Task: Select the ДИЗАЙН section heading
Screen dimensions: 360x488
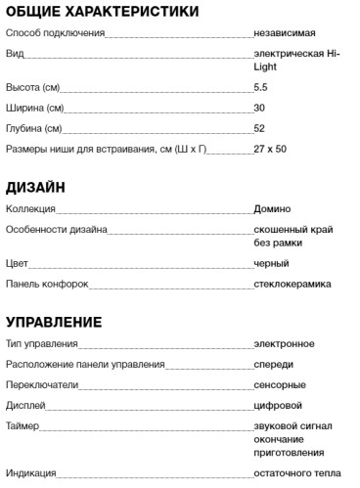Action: (x=36, y=187)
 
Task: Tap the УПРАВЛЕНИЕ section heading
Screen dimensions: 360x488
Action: (x=54, y=321)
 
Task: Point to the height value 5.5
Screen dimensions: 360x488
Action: (x=259, y=88)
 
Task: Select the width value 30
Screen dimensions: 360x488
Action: (x=258, y=108)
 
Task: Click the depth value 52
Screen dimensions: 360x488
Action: (x=258, y=128)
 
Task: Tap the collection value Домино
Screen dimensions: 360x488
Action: (x=272, y=209)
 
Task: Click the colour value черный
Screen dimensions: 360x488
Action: (x=270, y=264)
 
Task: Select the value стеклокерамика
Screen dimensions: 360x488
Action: (x=292, y=284)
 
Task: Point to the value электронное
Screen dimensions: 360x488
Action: (x=284, y=344)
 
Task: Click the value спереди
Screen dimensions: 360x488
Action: (x=273, y=365)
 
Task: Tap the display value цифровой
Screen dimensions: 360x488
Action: (x=278, y=405)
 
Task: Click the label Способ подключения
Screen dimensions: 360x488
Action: (x=55, y=33)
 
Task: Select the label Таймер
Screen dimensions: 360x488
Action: (x=22, y=426)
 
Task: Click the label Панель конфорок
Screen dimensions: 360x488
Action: (x=47, y=284)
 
